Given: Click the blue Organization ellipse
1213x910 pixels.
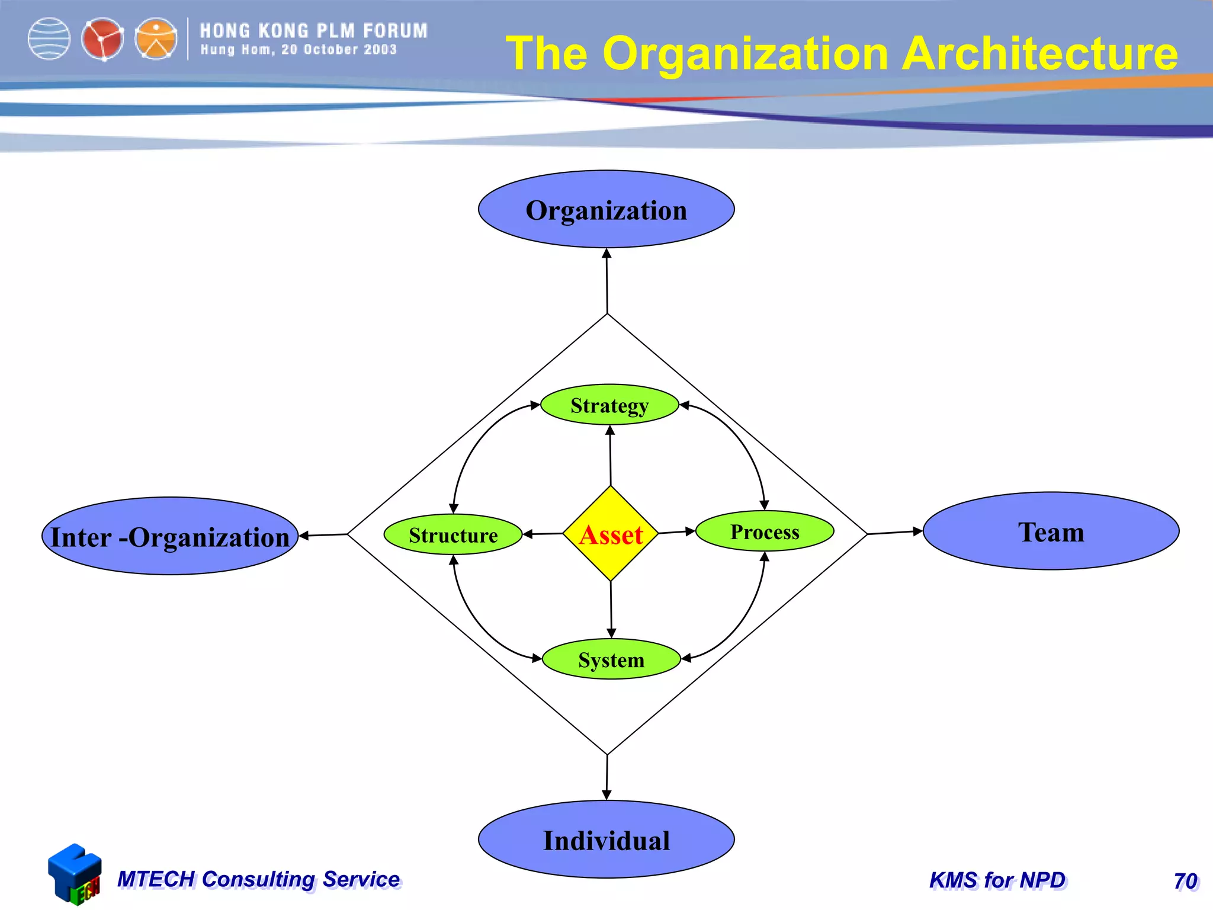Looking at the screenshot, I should pos(606,210).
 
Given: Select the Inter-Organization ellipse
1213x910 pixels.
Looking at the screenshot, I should pos(170,536).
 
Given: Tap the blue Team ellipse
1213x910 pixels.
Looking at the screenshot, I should pos(1051,531).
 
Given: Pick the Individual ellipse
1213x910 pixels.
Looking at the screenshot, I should pos(606,839).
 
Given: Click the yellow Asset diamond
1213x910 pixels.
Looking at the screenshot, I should pos(611,534).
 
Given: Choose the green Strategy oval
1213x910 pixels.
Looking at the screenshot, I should pos(609,405).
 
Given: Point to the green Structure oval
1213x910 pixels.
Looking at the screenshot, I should pos(453,535).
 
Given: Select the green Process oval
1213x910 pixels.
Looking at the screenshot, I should pos(765,531).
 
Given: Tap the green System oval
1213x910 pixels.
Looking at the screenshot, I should pos(611,659).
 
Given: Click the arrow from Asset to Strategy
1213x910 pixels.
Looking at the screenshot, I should pos(611,456).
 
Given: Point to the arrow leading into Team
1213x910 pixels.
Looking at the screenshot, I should pos(895,532).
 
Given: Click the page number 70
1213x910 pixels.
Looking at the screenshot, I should pos(1185,881).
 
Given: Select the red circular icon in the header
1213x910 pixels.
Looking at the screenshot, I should pos(102,39).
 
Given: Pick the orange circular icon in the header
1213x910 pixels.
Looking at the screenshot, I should pos(156,39).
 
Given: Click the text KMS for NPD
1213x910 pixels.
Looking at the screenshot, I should pos(997,880).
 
